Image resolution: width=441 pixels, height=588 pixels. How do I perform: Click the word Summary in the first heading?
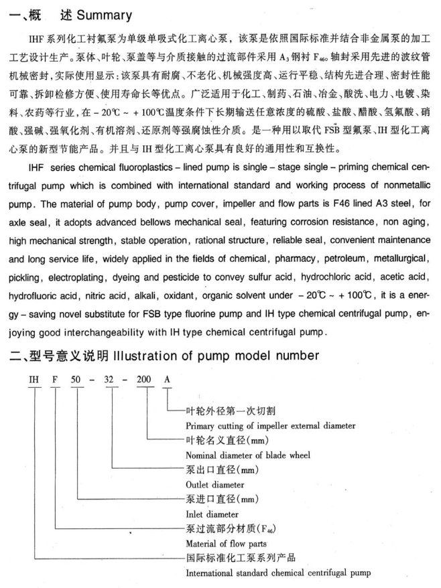(99, 14)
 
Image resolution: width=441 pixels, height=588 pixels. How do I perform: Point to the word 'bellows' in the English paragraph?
(181, 234)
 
